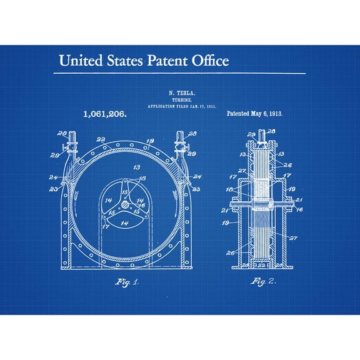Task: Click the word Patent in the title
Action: click(169, 61)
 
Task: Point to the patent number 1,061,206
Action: click(105, 114)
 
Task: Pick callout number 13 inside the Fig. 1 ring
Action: click(136, 168)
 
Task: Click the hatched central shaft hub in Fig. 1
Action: click(126, 204)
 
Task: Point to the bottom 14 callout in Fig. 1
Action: click(125, 223)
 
